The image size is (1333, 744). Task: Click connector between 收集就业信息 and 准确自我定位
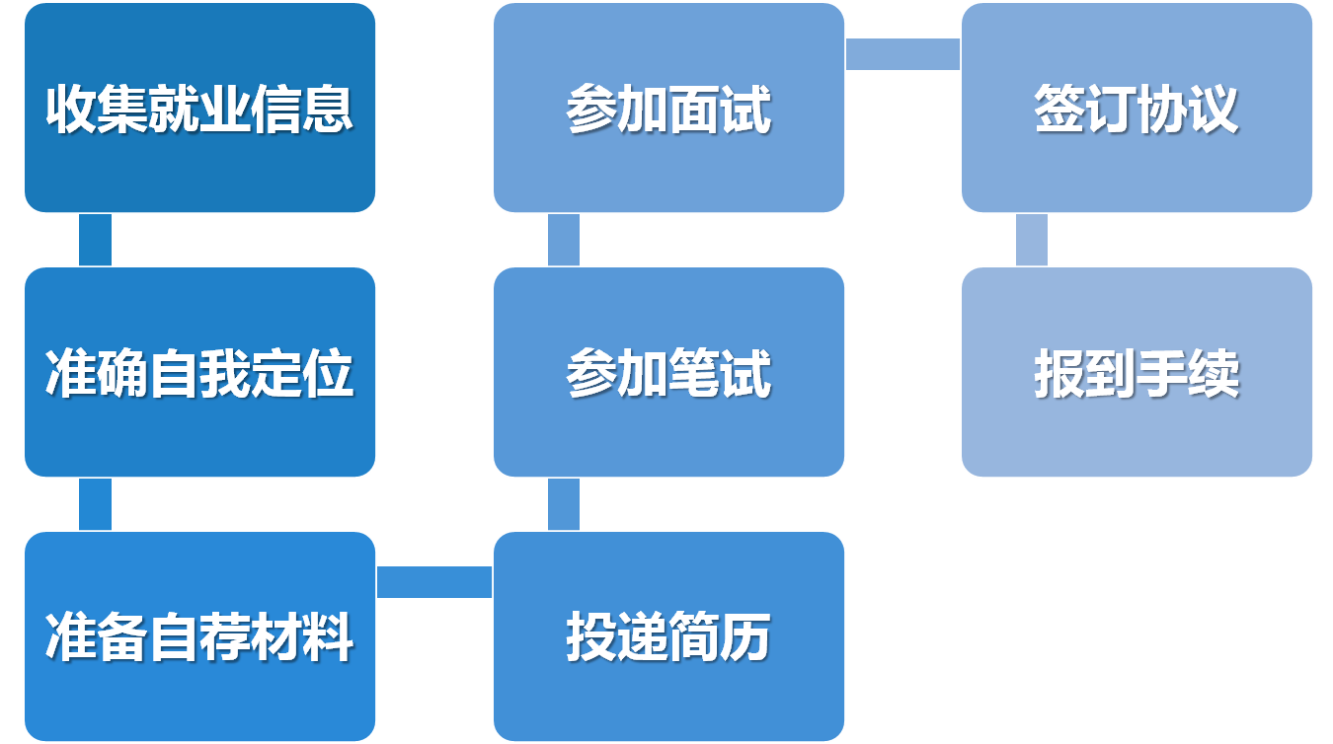(95, 240)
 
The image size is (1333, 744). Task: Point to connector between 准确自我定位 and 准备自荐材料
(95, 504)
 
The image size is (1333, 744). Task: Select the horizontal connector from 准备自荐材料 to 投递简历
(434, 581)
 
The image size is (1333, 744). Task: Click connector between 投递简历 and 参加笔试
(564, 504)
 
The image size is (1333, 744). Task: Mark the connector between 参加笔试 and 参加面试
(564, 240)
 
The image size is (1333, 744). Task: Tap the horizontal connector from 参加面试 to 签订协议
(902, 54)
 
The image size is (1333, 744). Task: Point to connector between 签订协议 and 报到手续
(1032, 240)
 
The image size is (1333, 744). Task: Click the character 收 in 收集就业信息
(71, 109)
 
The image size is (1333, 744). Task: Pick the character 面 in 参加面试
(694, 109)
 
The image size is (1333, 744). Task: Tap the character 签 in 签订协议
(1059, 109)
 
